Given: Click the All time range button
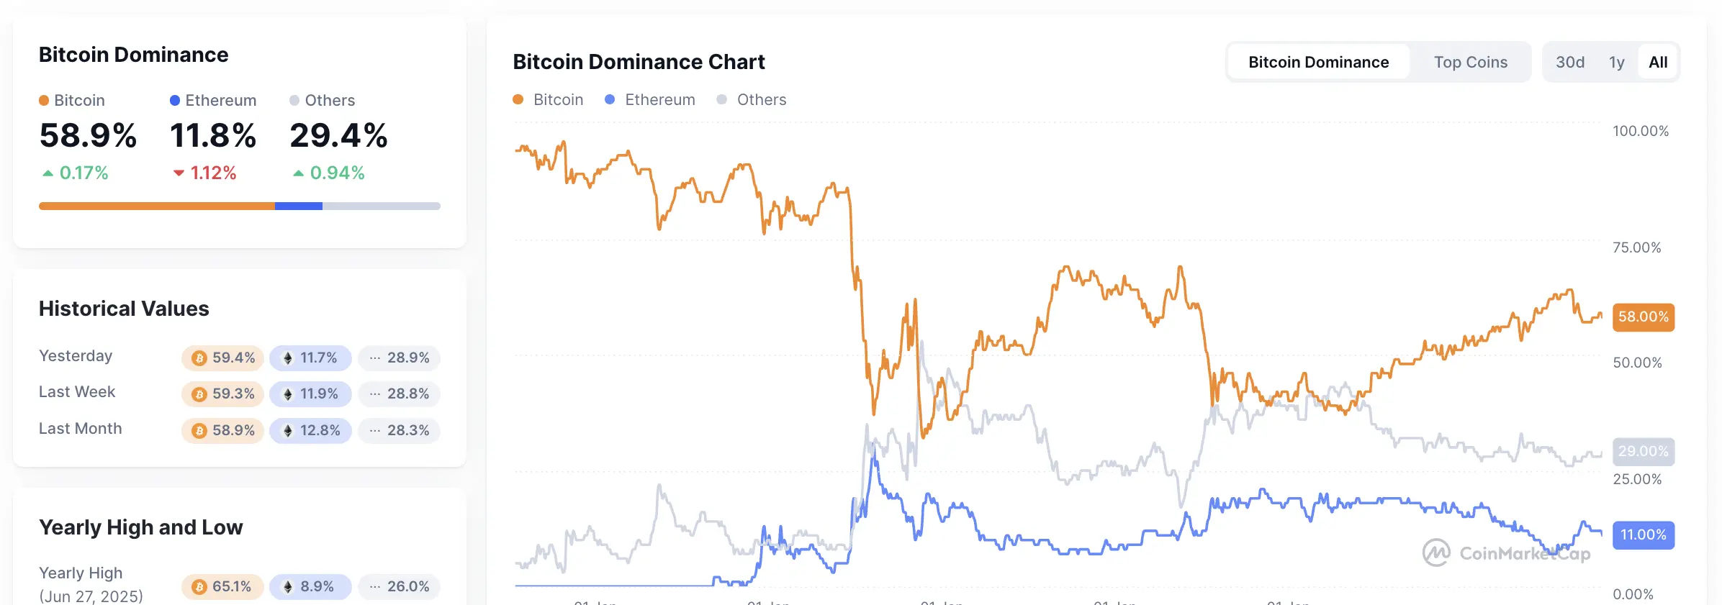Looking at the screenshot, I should [1658, 63].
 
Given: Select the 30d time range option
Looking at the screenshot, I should [1570, 63].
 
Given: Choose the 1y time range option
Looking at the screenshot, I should [1617, 63].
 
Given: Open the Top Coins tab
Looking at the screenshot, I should [1470, 63].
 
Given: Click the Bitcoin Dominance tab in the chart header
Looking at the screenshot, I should [1318, 63].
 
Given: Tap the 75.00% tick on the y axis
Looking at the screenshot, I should [1636, 247].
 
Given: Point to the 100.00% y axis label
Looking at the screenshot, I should [1640, 131].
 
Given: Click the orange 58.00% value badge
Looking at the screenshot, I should [1643, 317].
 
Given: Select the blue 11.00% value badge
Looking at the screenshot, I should [1643, 535].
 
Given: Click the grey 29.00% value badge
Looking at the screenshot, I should [1643, 452].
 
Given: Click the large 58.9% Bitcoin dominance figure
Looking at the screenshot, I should [88, 136].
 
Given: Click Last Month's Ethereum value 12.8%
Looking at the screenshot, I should [311, 431].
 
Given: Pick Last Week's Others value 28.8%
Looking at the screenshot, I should [400, 394].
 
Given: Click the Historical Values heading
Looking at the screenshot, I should [124, 309].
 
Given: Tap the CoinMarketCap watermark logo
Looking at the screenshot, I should [1507, 553].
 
